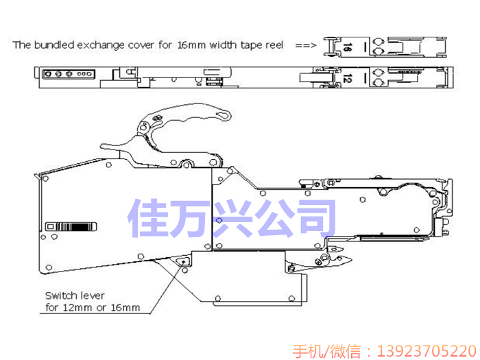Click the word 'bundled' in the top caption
[56, 45]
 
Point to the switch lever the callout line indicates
[183, 261]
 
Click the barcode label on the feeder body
[71, 226]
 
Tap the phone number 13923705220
[424, 350]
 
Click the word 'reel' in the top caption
[272, 45]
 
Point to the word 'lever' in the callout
[91, 296]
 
